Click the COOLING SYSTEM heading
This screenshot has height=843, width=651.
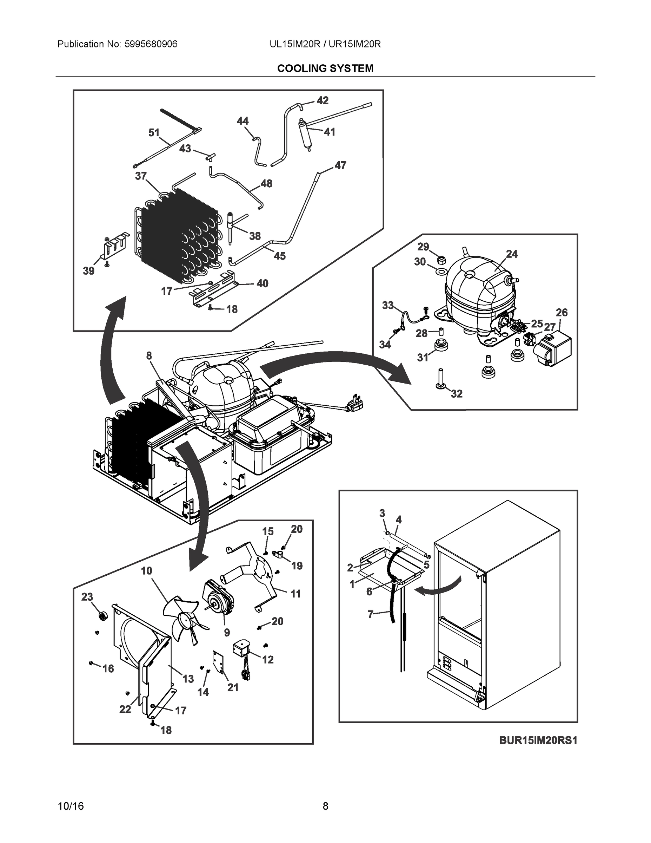(x=325, y=68)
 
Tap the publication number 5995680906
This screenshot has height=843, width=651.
(x=151, y=44)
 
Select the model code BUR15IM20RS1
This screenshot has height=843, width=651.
(x=538, y=740)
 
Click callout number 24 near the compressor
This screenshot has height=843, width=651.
(x=511, y=254)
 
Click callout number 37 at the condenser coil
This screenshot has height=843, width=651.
(x=141, y=176)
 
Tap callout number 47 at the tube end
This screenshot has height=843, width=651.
(x=340, y=165)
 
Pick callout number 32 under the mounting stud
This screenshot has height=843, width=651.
(x=456, y=394)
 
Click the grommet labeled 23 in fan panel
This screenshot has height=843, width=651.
(x=102, y=616)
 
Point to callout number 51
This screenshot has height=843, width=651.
(x=154, y=133)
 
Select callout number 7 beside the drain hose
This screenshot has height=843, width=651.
(x=371, y=614)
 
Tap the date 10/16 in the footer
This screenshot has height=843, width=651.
(x=71, y=806)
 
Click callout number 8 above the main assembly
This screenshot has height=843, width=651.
(x=149, y=355)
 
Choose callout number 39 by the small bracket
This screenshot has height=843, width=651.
(x=89, y=271)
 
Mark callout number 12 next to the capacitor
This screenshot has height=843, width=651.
(x=268, y=660)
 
